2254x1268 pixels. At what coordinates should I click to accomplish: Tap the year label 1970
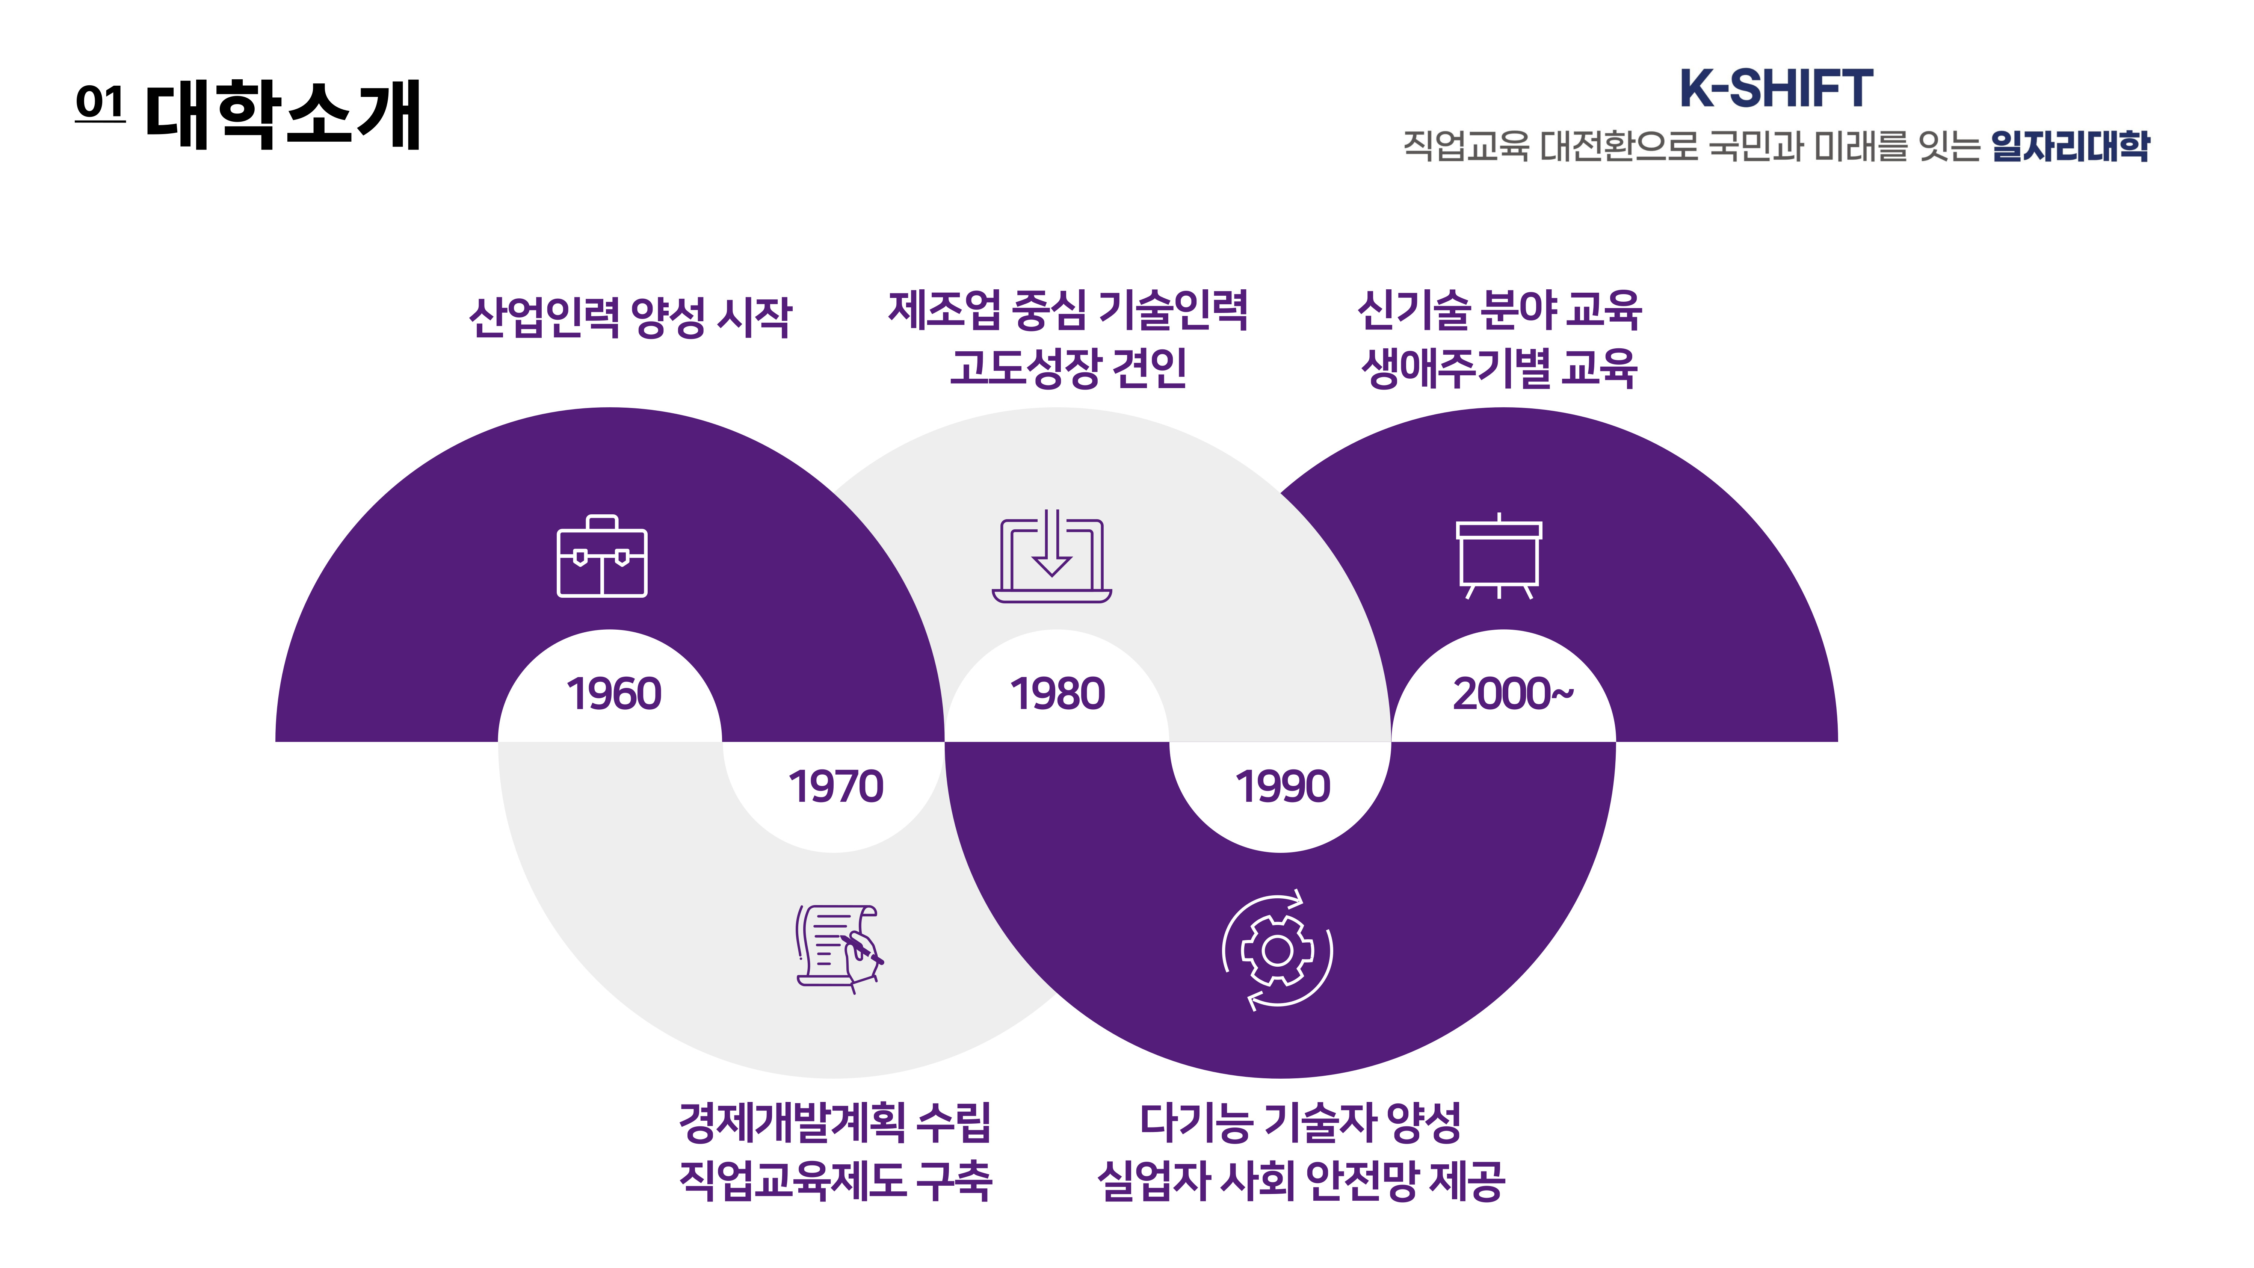pos(835,786)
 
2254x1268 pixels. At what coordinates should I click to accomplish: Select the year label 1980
pos(1057,694)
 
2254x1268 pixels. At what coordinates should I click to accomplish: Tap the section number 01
pos(100,103)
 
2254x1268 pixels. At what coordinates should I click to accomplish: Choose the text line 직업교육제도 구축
pos(835,1180)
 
